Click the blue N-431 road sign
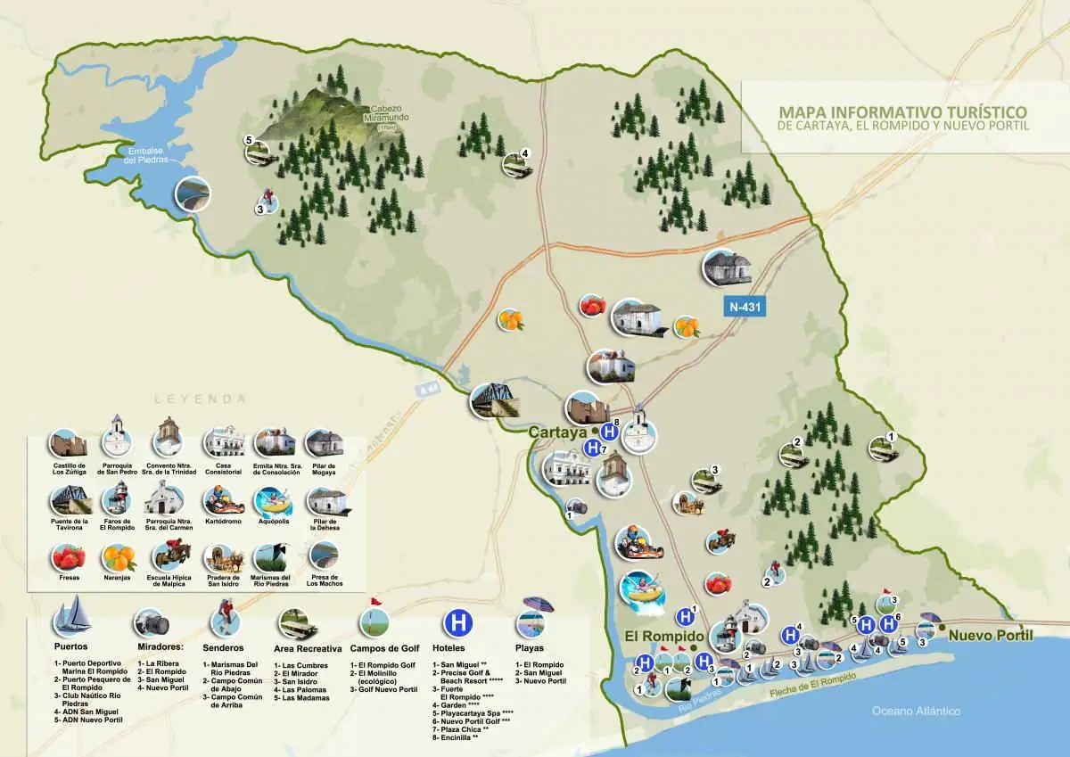745,307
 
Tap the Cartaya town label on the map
556,432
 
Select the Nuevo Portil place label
990,636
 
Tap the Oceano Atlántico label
916,711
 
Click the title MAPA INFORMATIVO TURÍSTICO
902,112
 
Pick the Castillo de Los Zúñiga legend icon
69,443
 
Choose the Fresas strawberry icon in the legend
69,558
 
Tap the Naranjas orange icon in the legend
119,558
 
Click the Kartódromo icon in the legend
223,501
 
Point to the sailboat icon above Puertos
71,615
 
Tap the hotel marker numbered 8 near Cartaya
609,432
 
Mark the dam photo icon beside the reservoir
193,194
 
